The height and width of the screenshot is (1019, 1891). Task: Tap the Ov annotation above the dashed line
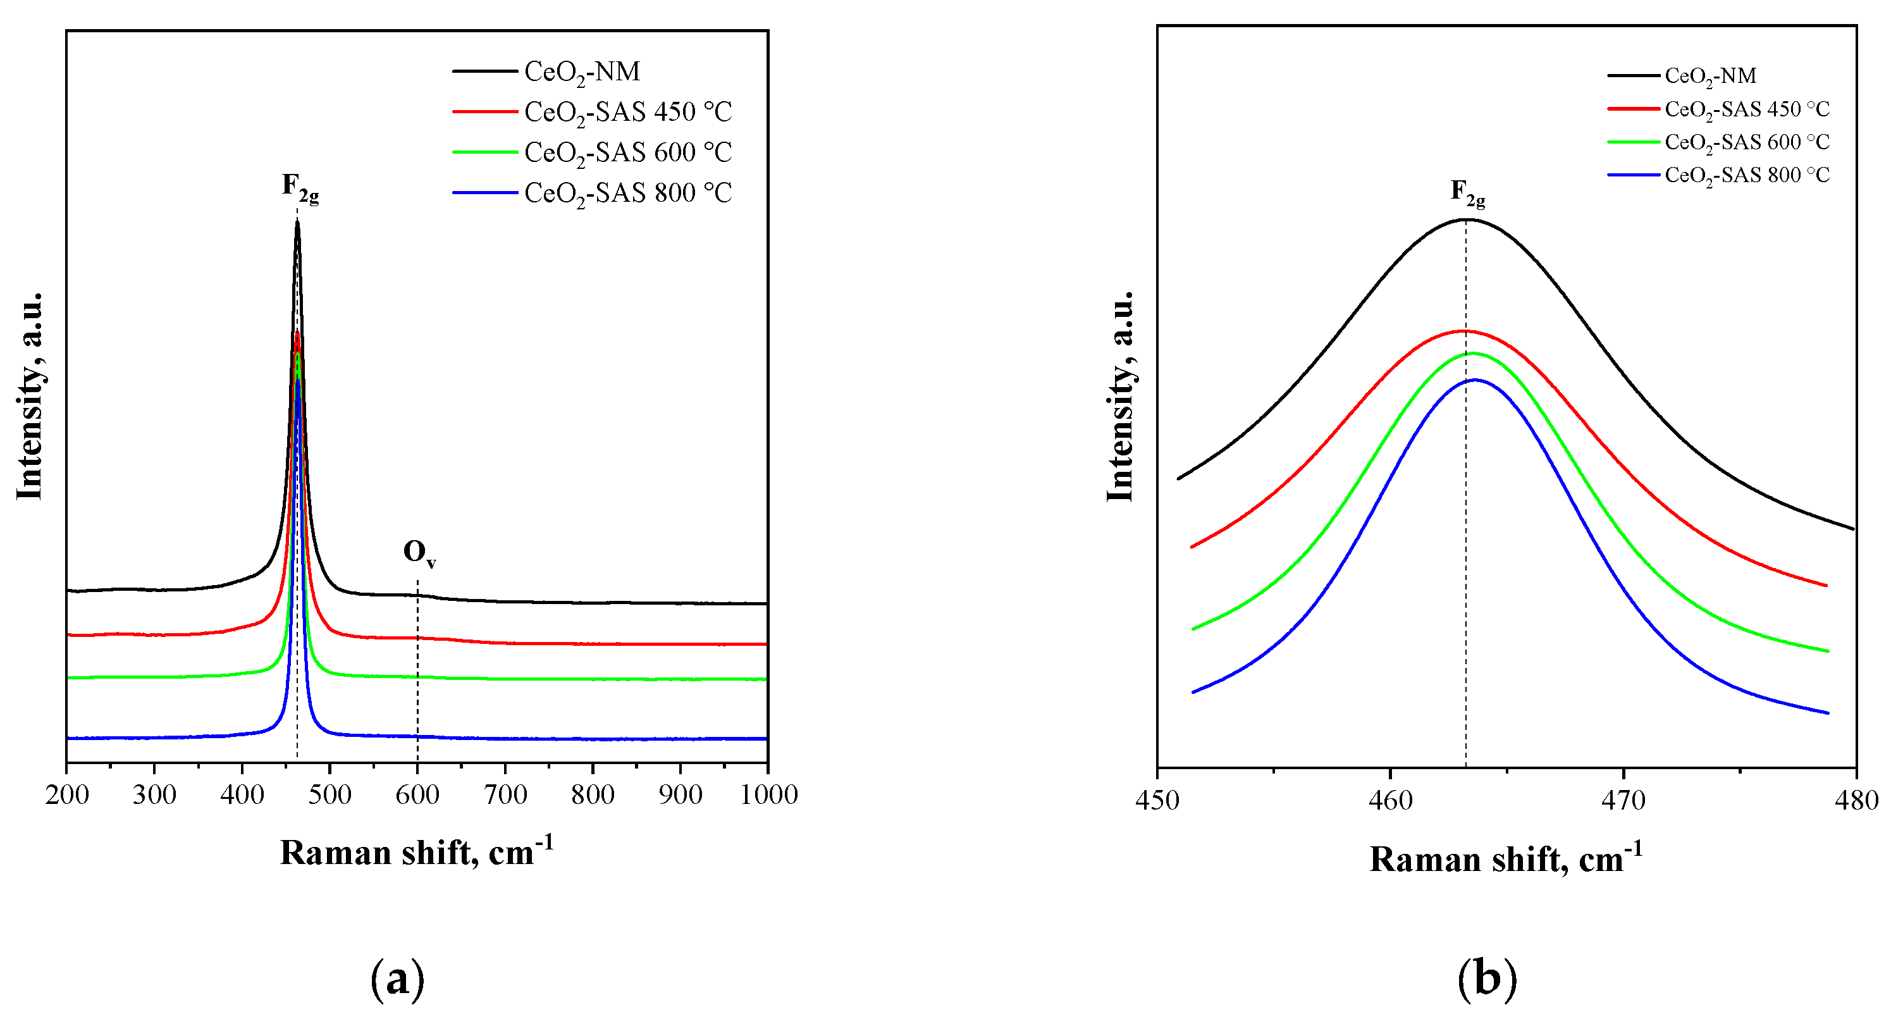tap(419, 553)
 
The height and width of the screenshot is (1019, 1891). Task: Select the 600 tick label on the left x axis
tap(417, 794)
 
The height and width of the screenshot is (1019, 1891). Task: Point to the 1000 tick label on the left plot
tap(768, 794)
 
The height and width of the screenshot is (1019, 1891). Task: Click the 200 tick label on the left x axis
tap(67, 794)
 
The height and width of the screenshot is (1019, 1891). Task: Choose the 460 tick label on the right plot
tap(1389, 800)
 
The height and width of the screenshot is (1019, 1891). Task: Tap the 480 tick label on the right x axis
tap(1856, 800)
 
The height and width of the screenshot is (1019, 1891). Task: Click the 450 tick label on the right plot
tap(1157, 800)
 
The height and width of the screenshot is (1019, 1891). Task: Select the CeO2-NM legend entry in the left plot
tap(581, 72)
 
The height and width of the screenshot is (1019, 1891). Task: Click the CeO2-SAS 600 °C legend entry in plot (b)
tap(1746, 142)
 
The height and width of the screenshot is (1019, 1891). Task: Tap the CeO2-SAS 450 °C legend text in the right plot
tap(1746, 109)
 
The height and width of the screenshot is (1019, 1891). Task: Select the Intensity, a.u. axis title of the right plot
tap(1120, 397)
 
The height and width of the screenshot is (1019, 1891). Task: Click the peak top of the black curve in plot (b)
tap(1465, 219)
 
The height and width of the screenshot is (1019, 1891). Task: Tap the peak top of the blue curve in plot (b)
tap(1474, 380)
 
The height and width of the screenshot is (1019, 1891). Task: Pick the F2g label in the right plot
tap(1467, 193)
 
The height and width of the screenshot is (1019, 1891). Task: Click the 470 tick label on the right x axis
tap(1622, 800)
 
